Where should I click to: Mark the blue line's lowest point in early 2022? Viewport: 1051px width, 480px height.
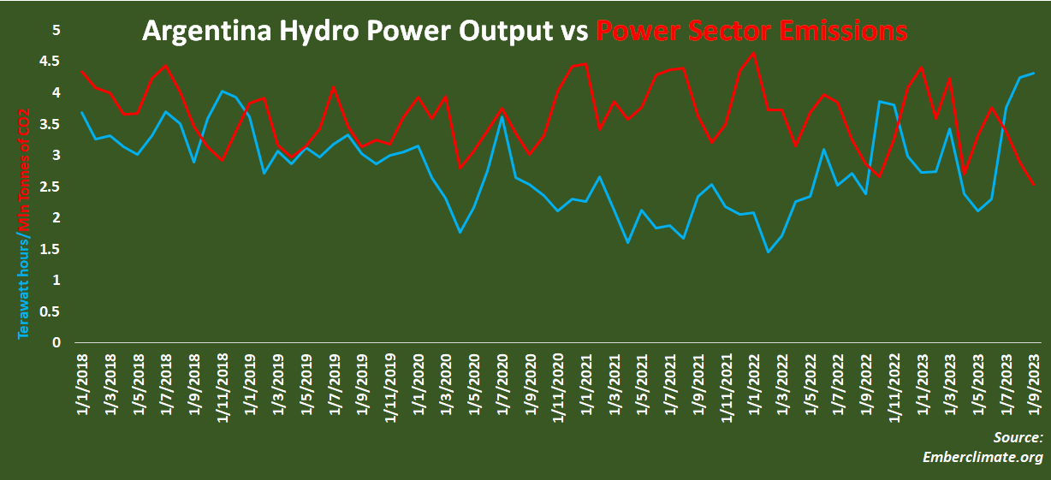pyautogui.click(x=768, y=252)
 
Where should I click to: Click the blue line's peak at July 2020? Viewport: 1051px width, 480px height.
pyautogui.click(x=502, y=116)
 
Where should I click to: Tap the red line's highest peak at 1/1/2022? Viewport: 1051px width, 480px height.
pyautogui.click(x=753, y=52)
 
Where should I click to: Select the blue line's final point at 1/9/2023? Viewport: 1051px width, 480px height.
pyautogui.click(x=1034, y=74)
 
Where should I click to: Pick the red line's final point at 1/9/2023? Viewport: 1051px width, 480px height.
pyautogui.click(x=1034, y=185)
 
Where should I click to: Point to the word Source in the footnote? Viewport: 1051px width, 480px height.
pyautogui.click(x=1018, y=437)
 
